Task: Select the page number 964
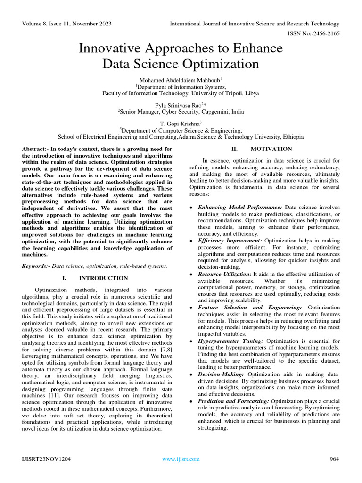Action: pyautogui.click(x=334, y=459)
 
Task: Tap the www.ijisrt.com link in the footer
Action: pyautogui.click(x=181, y=459)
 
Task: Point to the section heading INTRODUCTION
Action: pyautogui.click(x=103, y=278)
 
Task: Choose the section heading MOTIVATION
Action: pyautogui.click(x=271, y=149)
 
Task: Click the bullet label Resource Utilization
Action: pyautogui.click(x=225, y=274)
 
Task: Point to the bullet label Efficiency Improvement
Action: pyautogui.click(x=230, y=241)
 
